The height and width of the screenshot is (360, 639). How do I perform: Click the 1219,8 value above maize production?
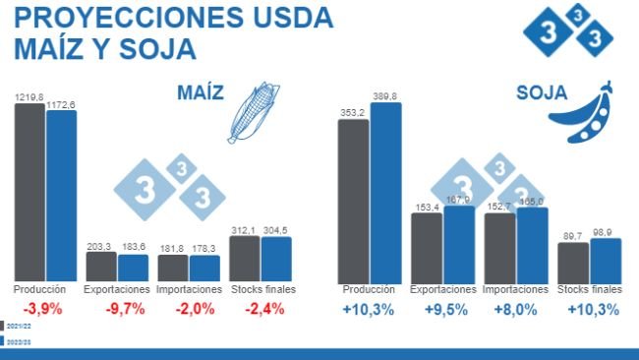(29, 97)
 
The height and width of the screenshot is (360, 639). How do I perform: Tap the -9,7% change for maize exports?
(124, 309)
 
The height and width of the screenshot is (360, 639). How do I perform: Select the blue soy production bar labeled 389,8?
(385, 192)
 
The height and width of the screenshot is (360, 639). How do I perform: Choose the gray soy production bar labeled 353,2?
(353, 201)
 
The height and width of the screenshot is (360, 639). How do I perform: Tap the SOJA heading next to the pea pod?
(541, 93)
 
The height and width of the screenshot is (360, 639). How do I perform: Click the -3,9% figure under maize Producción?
(39, 309)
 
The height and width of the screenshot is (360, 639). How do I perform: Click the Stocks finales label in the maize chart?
(262, 289)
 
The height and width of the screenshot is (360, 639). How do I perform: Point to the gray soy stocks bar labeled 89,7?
(572, 262)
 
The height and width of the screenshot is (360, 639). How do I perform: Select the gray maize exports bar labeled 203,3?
(100, 267)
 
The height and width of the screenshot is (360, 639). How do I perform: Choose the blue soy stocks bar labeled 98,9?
(606, 260)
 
